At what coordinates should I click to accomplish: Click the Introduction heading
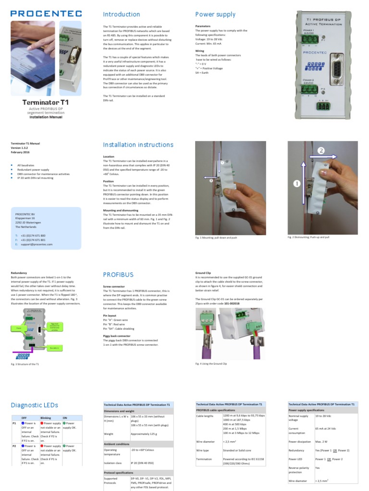(x=122, y=14)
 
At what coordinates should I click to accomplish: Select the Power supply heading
(x=215, y=14)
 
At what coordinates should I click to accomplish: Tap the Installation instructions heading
(x=138, y=145)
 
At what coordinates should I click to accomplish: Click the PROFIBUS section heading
(x=118, y=275)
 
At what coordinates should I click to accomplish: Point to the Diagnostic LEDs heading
(x=34, y=405)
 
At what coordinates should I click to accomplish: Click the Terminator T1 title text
(x=46, y=103)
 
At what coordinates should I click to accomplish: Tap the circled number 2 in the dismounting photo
(x=321, y=151)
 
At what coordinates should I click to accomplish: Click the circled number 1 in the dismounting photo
(x=296, y=183)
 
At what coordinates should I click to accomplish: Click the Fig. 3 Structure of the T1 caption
(x=25, y=364)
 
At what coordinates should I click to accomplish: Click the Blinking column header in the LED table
(x=46, y=418)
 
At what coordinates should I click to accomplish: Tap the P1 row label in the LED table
(x=14, y=424)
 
